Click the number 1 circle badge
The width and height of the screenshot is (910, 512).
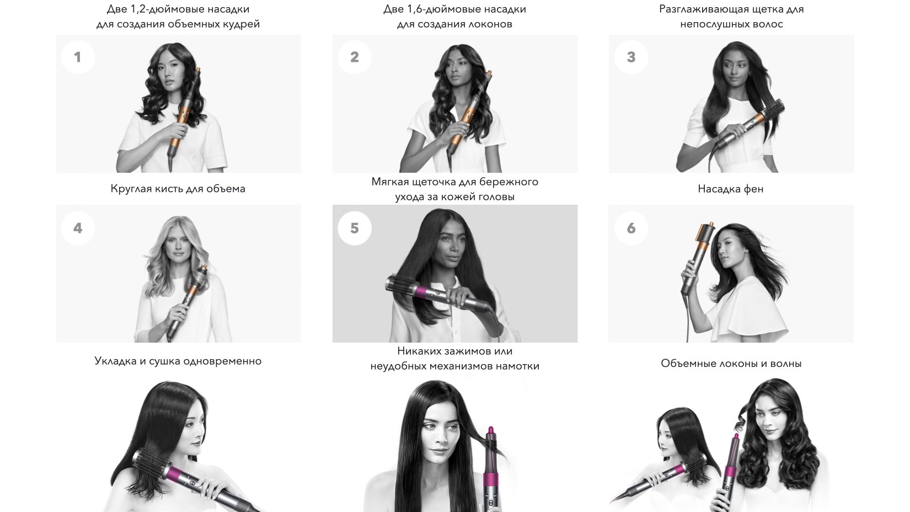click(x=78, y=57)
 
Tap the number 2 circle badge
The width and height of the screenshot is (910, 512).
click(x=354, y=57)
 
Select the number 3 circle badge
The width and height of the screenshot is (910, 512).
click(x=631, y=57)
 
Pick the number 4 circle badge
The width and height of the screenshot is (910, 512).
click(x=78, y=228)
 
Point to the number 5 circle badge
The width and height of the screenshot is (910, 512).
click(x=354, y=228)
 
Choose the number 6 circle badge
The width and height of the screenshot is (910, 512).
click(x=631, y=228)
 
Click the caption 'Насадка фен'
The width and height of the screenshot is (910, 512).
click(x=730, y=189)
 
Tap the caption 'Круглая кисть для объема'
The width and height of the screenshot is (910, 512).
click(x=178, y=189)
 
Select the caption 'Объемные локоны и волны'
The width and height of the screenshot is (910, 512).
click(x=731, y=363)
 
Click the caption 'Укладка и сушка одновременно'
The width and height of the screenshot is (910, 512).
click(x=178, y=361)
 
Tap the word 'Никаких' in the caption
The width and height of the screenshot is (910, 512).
click(x=419, y=351)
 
